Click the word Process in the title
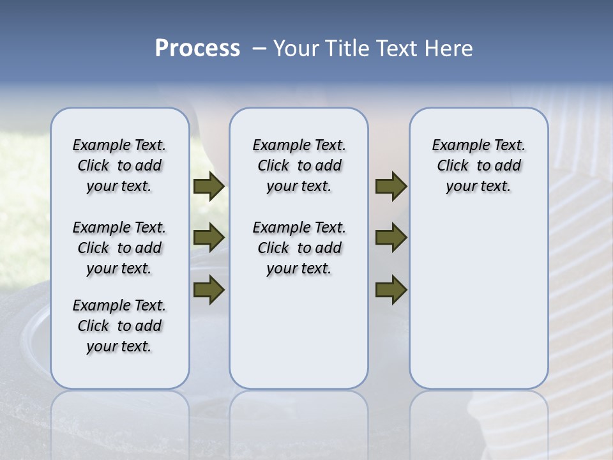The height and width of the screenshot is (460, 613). click(x=197, y=49)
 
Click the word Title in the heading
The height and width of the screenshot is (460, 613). click(x=345, y=49)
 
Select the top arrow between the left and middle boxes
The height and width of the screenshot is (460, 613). click(x=209, y=187)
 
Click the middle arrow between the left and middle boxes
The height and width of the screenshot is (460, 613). click(x=209, y=238)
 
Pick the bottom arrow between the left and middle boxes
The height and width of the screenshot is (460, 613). click(x=209, y=290)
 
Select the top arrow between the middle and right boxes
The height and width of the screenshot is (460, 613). click(x=391, y=187)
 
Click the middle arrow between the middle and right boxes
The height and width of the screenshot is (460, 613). click(x=391, y=238)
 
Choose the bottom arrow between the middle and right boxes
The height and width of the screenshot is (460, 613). click(x=391, y=290)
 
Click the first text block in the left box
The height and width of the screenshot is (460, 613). click(x=119, y=165)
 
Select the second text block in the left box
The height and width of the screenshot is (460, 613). click(x=119, y=248)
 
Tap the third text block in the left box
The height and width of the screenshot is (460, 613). click(x=119, y=326)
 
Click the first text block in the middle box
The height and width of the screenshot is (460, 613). click(x=299, y=165)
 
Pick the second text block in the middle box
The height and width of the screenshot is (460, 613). click(x=299, y=248)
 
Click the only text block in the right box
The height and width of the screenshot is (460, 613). click(x=478, y=165)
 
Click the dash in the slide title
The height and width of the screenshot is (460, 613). click(x=259, y=49)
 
